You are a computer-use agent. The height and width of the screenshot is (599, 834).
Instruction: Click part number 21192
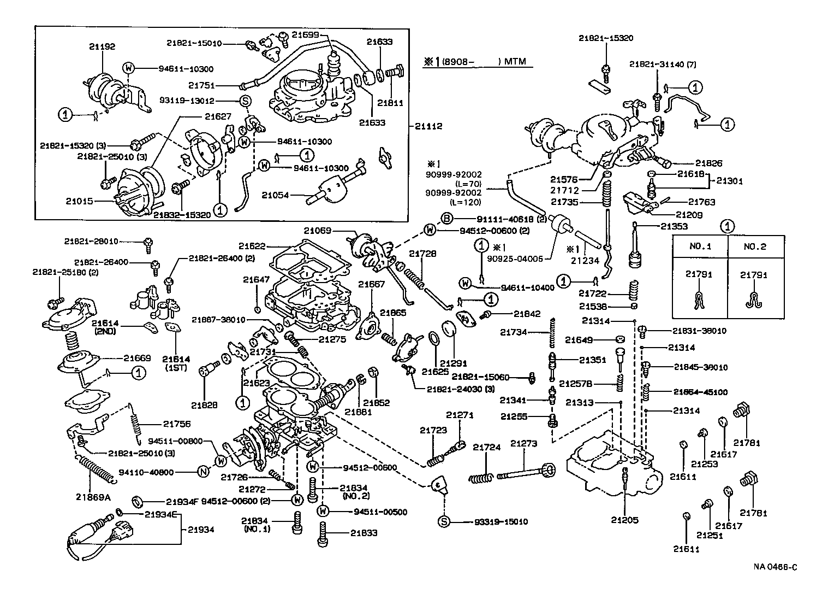[x=102, y=47]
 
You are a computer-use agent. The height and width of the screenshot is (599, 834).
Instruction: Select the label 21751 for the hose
[x=202, y=85]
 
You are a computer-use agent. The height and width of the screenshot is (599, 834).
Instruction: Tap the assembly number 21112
[x=428, y=126]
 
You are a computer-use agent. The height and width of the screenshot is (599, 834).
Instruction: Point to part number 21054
[x=275, y=195]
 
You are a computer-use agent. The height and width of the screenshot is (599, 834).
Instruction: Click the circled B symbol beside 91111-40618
[x=446, y=219]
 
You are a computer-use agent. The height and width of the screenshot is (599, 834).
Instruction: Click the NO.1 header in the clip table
[x=700, y=246]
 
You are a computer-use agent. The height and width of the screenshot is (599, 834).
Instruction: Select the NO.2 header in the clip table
[x=755, y=246]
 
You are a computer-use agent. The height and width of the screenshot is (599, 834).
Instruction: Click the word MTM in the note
[x=515, y=61]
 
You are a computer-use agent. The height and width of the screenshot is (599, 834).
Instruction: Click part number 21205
[x=624, y=520]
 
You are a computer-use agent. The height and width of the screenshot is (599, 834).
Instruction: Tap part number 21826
[x=708, y=163]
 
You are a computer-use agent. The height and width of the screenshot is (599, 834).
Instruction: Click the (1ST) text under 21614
[x=176, y=369]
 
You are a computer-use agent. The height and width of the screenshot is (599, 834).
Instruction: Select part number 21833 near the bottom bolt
[x=364, y=533]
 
